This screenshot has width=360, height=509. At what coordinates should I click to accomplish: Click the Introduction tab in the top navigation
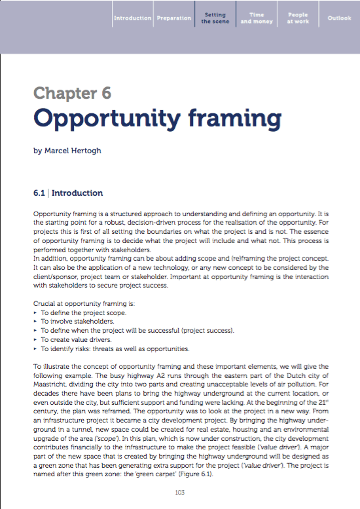pyautogui.click(x=132, y=18)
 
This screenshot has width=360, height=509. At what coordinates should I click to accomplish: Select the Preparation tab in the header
pyautogui.click(x=174, y=18)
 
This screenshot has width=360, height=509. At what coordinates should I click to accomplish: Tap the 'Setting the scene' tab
pyautogui.click(x=215, y=18)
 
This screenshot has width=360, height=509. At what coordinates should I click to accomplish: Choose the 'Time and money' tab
pyautogui.click(x=257, y=18)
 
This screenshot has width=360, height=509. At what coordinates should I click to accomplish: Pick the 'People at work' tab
pyautogui.click(x=297, y=18)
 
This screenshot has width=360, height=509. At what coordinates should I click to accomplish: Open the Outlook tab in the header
pyautogui.click(x=339, y=18)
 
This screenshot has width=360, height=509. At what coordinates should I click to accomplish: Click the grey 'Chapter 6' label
pyautogui.click(x=72, y=92)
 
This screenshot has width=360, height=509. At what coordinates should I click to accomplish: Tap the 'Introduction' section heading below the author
pyautogui.click(x=77, y=193)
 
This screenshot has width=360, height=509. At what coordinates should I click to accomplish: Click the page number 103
pyautogui.click(x=181, y=492)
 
